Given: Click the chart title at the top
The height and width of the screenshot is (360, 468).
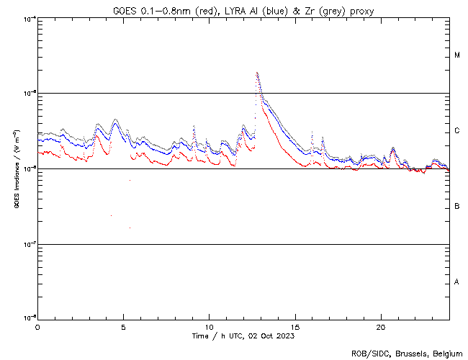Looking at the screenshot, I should click(243, 10).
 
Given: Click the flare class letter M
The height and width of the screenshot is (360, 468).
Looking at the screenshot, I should click(457, 55).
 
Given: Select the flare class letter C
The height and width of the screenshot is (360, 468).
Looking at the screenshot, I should click(457, 131).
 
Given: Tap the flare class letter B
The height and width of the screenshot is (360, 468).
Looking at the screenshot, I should click(457, 207).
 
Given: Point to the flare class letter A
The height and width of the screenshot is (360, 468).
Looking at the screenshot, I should click(457, 282).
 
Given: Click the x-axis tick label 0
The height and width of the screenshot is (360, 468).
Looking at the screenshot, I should click(37, 326).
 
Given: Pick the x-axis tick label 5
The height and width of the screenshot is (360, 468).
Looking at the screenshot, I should click(123, 326).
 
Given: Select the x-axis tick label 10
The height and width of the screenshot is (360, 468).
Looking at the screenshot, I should click(209, 326).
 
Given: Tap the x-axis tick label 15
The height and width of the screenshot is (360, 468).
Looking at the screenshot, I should click(294, 326).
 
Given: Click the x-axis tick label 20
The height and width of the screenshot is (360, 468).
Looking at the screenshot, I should click(380, 326).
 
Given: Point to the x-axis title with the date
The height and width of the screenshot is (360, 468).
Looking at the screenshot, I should click(243, 336).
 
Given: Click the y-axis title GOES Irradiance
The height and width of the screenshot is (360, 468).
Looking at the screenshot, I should click(17, 169).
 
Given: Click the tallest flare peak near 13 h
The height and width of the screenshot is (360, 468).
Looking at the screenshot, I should click(257, 73).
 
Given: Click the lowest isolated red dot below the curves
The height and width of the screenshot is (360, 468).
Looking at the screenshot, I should click(130, 228).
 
